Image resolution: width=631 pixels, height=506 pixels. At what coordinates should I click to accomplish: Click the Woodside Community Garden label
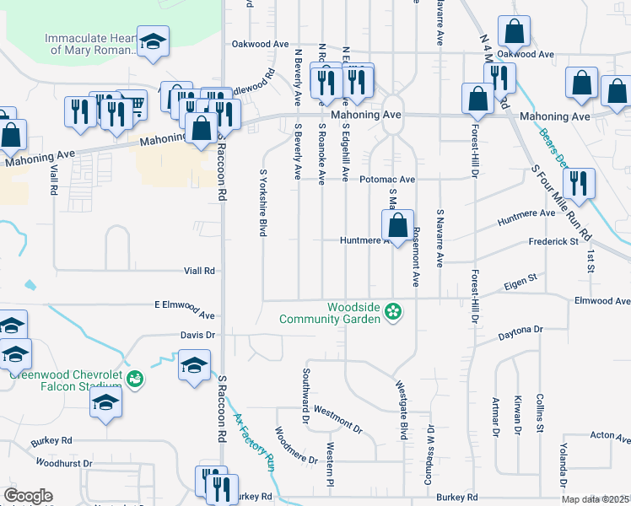[x=331, y=313]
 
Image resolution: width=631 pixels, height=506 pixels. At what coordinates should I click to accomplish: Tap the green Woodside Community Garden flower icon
[x=392, y=313]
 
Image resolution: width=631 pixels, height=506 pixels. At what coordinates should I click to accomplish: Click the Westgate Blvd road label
[x=402, y=410]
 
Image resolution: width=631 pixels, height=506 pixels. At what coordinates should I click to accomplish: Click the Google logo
[x=28, y=496]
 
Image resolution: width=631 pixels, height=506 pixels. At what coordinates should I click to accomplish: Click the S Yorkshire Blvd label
[x=263, y=202]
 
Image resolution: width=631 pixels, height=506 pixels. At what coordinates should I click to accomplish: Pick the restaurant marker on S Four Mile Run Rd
[x=578, y=185]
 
